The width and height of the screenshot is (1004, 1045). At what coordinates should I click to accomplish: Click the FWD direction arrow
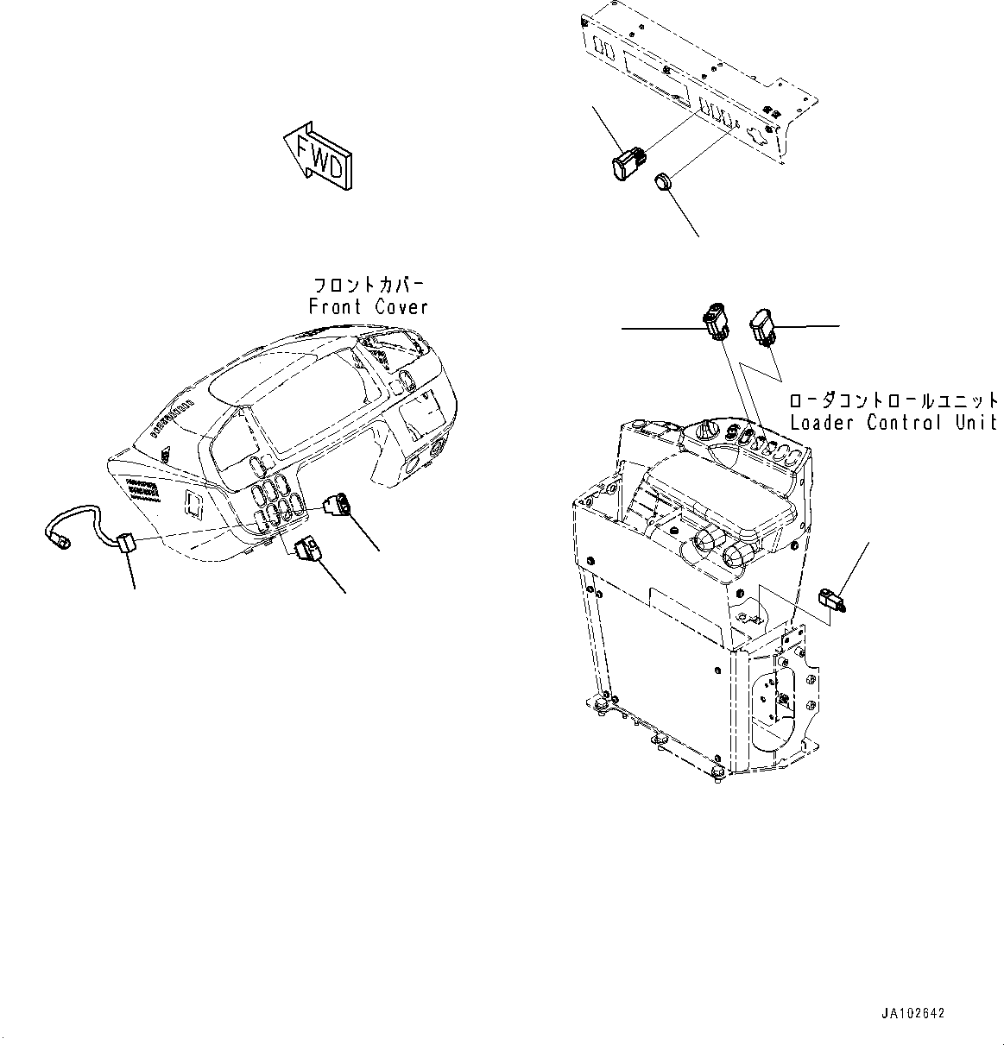coord(317,157)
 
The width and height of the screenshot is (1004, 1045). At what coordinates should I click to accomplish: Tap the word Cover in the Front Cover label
coord(401,307)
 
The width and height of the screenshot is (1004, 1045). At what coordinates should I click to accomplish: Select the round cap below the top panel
coord(663,182)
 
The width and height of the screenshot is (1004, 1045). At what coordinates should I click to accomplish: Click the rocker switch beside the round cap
coord(629,166)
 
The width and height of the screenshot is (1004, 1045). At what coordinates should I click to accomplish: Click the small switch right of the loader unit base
coord(830,599)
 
